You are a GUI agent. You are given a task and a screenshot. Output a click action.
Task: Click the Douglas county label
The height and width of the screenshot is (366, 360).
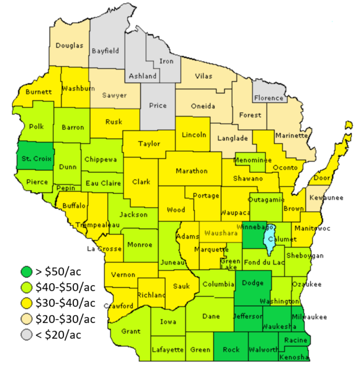point(69,46)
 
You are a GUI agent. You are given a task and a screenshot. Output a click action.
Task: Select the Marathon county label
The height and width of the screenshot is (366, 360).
point(192,171)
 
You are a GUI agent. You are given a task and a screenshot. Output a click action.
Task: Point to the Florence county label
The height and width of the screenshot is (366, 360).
point(269,98)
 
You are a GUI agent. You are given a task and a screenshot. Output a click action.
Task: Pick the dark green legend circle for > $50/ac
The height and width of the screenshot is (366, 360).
point(27,271)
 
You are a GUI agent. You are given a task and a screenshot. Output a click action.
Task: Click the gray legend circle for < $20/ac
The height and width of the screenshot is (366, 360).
point(27,335)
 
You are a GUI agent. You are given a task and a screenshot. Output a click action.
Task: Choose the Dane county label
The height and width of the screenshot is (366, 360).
point(211,316)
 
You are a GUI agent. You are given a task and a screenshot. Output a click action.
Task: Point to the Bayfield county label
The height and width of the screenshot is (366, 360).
point(105,51)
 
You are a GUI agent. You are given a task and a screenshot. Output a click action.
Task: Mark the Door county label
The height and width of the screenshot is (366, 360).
point(322,178)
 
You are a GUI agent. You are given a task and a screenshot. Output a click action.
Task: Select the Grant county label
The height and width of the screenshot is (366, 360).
point(131,331)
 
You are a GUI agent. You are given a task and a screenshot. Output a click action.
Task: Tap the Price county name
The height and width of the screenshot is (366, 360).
point(158,105)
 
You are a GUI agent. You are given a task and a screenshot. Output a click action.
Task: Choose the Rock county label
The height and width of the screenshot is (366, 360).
point(231,349)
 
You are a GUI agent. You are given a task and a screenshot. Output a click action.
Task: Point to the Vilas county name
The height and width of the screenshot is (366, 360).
point(203,76)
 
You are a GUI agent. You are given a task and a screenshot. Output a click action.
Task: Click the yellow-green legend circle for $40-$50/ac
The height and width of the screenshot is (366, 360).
point(27,287)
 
